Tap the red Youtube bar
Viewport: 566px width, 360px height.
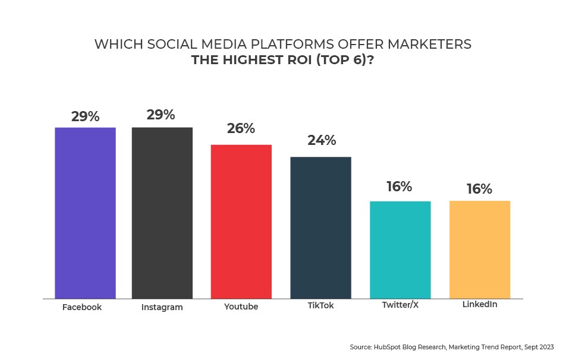point(241,221)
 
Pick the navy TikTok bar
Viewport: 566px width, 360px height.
point(320,227)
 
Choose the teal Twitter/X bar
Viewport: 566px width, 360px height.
point(400,250)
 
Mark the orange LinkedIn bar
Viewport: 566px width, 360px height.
point(480,250)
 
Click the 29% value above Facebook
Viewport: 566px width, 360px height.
point(85,116)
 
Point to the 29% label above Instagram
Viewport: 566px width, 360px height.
point(161,115)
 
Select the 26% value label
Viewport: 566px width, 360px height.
point(241,128)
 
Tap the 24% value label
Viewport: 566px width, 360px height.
point(322,141)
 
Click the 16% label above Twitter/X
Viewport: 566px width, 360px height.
point(398,187)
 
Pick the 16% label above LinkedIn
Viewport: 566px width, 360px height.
point(479,189)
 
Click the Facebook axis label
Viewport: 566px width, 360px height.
point(82,307)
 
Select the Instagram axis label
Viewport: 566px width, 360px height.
point(162,308)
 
